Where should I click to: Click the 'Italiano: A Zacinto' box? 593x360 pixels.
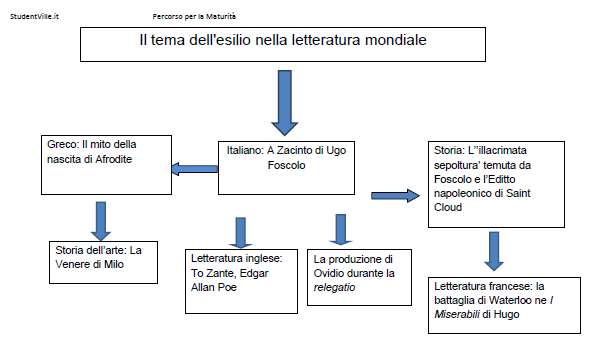(287, 165)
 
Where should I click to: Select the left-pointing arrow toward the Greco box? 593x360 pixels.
(193, 169)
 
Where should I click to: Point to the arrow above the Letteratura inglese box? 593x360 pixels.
(240, 231)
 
